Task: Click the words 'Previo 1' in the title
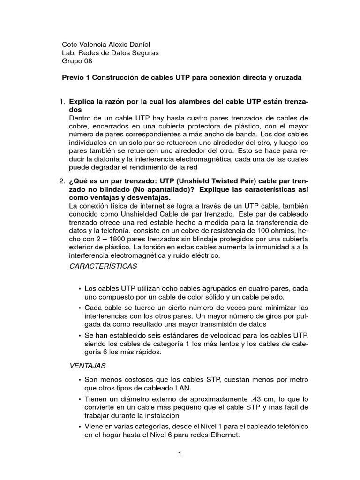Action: tap(76, 78)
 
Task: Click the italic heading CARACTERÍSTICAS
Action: tap(103, 266)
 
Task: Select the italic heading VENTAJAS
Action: tap(87, 365)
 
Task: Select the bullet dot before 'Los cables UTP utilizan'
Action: tap(80, 289)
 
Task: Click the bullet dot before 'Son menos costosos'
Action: tap(80, 379)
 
